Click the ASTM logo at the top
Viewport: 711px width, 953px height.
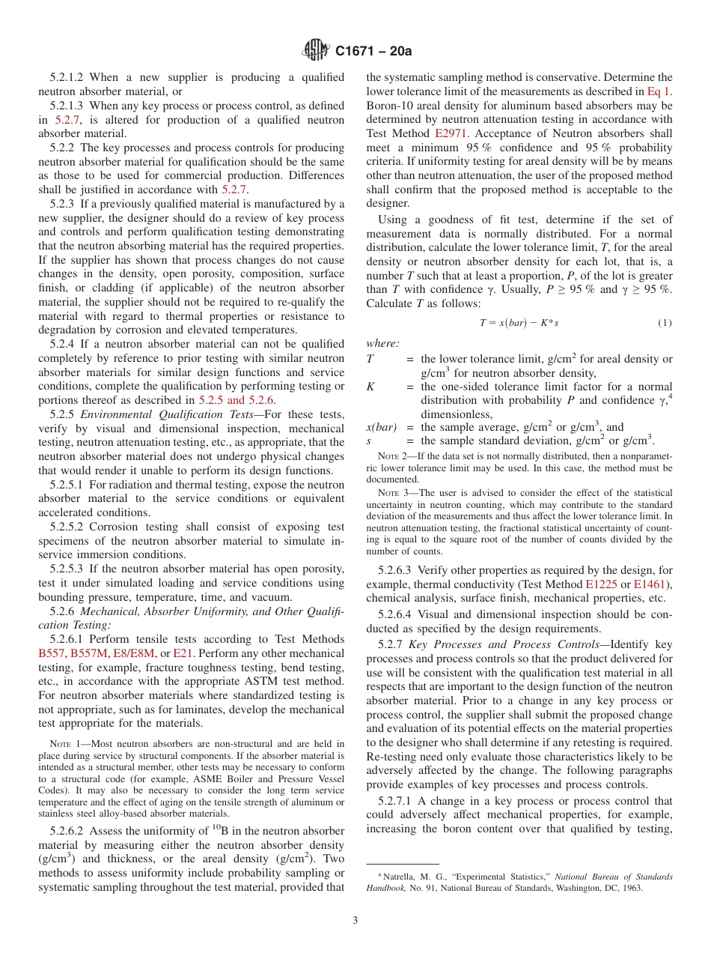314,50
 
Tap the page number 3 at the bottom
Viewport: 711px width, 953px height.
355,920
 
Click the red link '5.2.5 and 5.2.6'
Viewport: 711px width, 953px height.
237,399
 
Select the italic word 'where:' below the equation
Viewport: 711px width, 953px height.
382,343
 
